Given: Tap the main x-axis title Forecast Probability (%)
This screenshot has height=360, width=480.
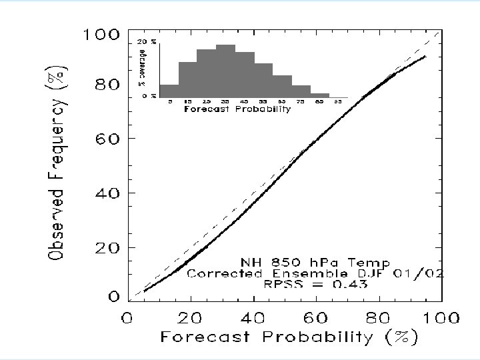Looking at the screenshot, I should point(289,338).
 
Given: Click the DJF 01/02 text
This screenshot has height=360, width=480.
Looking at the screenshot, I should point(411,273).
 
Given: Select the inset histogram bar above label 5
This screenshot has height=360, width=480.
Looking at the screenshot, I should point(169,90).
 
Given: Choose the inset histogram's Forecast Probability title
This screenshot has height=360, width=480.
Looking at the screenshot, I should point(237,109).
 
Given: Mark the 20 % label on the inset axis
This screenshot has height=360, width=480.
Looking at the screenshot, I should point(147,42).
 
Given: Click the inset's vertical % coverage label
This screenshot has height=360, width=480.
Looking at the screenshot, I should point(141,69).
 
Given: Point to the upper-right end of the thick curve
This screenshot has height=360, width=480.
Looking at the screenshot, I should point(425,57).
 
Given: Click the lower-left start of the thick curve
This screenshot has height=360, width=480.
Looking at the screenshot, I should point(144,291).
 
